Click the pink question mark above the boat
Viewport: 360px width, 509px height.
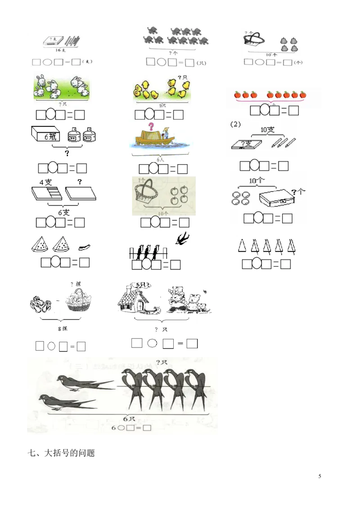point(151,126)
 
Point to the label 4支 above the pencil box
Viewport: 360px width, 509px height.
point(45,183)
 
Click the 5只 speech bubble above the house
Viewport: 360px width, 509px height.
point(142,285)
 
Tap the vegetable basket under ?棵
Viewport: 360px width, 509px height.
point(78,300)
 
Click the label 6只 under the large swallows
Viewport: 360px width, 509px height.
point(130,419)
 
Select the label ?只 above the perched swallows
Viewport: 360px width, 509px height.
point(162,362)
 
